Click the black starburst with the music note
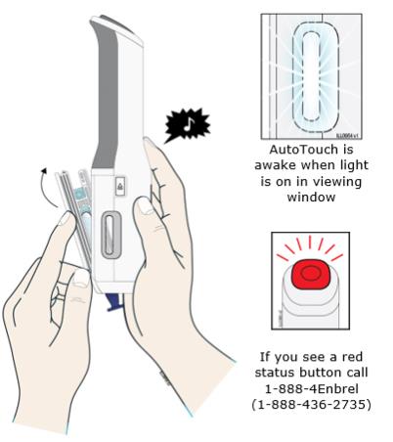point(187,125)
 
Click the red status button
point(311,273)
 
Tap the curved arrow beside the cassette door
point(48,187)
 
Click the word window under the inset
point(311,197)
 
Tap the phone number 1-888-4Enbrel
point(312,388)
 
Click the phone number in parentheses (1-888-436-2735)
point(311,405)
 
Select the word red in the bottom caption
point(352,357)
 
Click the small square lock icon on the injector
point(120,186)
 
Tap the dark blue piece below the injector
point(114,302)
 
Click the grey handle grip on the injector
point(106,96)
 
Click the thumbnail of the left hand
point(65,219)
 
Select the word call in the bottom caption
point(357,373)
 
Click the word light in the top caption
point(352,165)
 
